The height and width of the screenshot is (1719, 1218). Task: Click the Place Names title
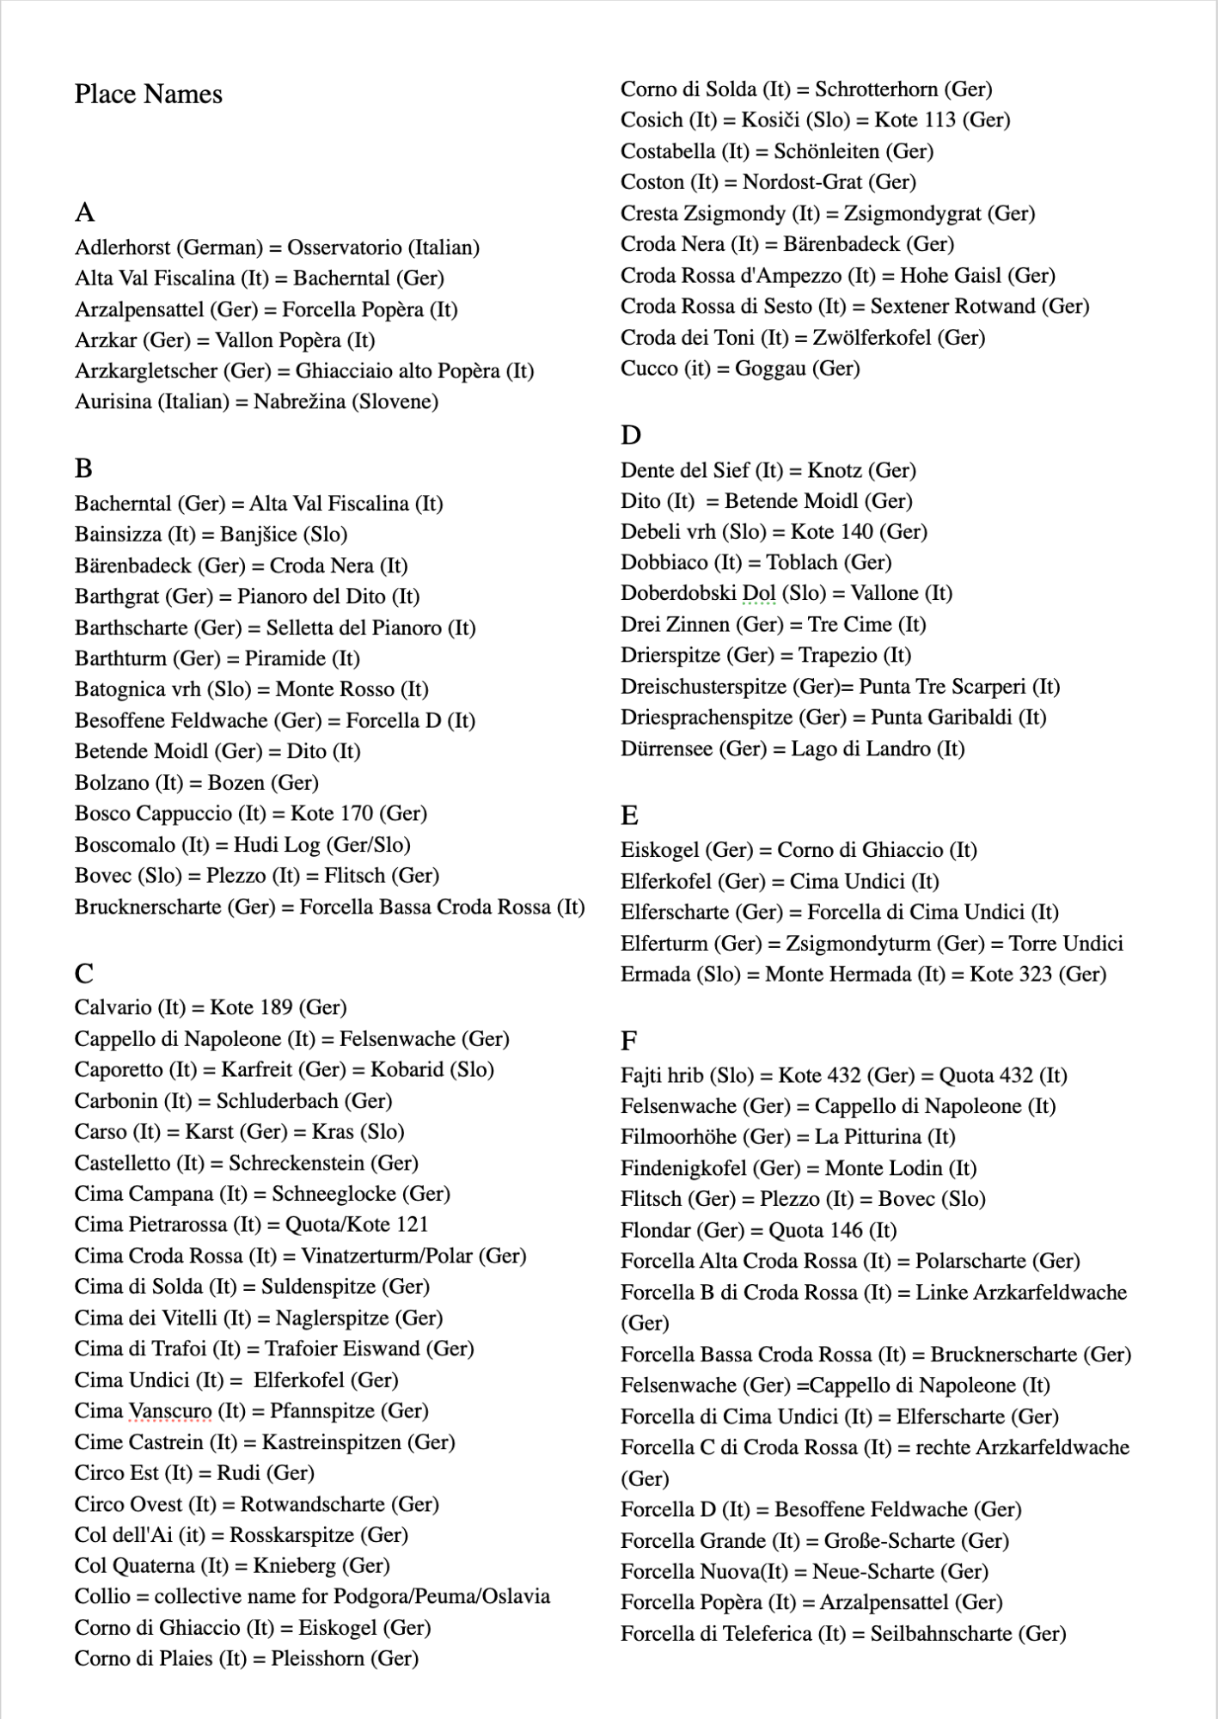point(148,94)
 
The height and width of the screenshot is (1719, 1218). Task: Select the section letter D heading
point(630,435)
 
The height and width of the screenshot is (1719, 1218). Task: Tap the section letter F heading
point(628,1041)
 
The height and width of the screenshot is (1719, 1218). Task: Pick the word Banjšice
point(258,535)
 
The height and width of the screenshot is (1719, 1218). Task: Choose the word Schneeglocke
point(334,1194)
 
